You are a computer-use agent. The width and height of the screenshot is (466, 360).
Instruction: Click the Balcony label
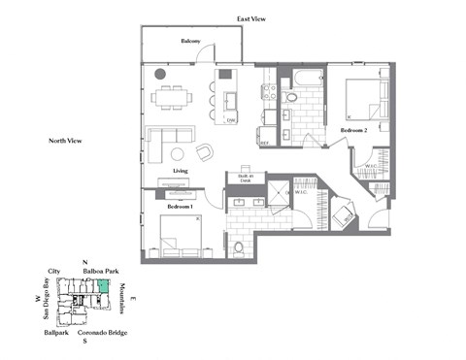[189, 42]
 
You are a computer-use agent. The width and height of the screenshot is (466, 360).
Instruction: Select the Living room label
[180, 171]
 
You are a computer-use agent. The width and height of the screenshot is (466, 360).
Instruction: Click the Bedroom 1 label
[180, 207]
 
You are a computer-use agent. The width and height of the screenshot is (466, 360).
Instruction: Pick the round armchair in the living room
[205, 152]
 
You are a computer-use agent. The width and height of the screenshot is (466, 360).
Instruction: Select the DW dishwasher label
[231, 120]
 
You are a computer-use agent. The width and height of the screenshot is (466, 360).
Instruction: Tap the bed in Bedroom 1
[179, 233]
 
